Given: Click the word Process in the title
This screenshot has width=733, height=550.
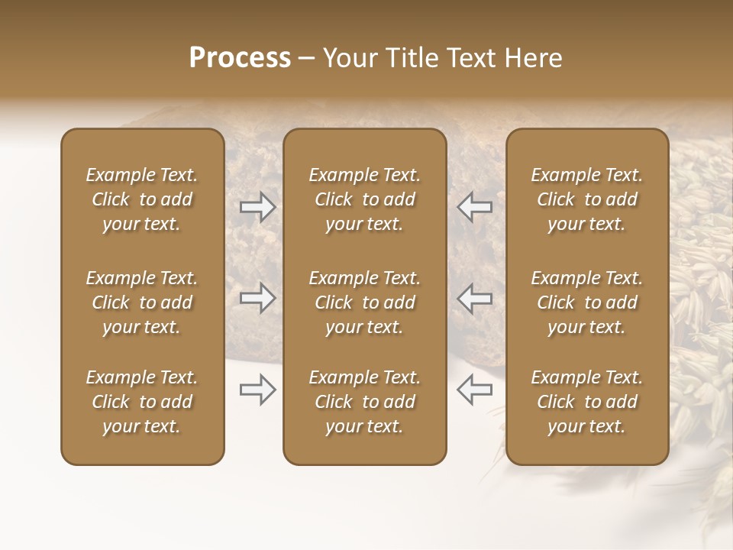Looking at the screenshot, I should click(x=240, y=58).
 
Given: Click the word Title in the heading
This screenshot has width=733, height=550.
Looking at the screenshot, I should click(x=406, y=58).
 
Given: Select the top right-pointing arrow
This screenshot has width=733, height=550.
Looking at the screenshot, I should click(x=258, y=207).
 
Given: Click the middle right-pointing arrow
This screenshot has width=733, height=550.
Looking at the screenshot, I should click(x=258, y=298).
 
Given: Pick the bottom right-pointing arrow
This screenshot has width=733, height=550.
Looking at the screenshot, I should click(x=258, y=390).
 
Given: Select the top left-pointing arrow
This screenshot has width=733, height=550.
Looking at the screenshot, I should click(x=474, y=207).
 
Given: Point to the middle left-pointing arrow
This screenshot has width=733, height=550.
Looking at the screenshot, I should click(x=474, y=298).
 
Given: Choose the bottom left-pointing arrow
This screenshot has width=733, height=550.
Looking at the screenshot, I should click(x=474, y=390).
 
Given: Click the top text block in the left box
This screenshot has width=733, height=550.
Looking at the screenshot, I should click(x=142, y=199).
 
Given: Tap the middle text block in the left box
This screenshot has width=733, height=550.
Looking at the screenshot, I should click(x=142, y=302).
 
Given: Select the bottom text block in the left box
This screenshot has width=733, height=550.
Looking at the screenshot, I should click(x=142, y=402).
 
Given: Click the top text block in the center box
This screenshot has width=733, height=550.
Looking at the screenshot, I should click(x=365, y=199).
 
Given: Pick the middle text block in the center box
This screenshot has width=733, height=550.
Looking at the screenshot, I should click(x=365, y=302).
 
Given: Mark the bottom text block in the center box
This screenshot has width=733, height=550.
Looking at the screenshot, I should click(x=365, y=402).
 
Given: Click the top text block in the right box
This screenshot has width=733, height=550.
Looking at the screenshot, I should click(x=587, y=199).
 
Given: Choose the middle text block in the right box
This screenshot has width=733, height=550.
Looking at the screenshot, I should click(x=587, y=302).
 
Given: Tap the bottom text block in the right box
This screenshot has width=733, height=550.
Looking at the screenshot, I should click(x=587, y=402).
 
